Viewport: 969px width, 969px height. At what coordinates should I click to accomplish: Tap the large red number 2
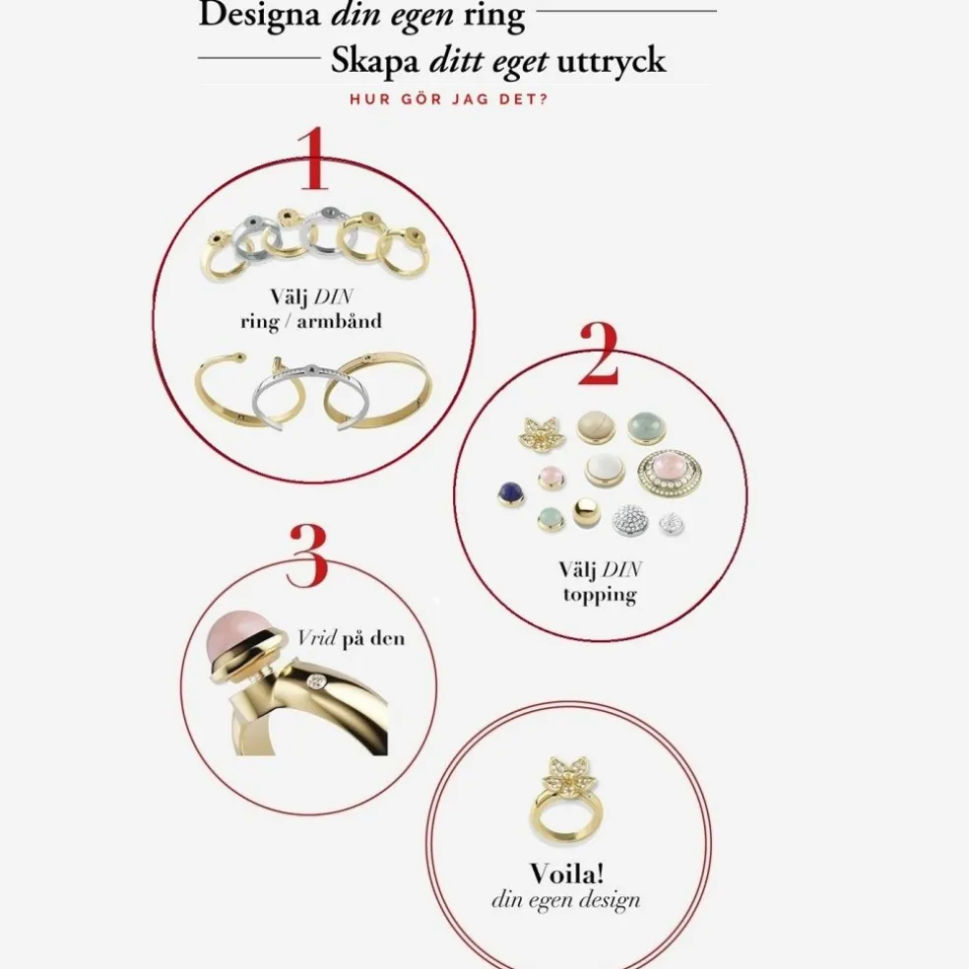coord(598,352)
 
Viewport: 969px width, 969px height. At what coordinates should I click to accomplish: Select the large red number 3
coord(307,555)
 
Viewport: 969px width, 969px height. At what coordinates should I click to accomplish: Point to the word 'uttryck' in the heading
coord(612,61)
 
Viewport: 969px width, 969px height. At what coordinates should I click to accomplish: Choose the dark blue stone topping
coord(510,491)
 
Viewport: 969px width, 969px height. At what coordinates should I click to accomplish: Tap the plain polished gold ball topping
coord(587,513)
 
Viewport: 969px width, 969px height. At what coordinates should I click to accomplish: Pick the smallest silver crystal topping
coord(672,523)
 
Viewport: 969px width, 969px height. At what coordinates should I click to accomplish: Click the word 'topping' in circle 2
coord(599,595)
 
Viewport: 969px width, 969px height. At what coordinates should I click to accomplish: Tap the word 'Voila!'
coord(566,872)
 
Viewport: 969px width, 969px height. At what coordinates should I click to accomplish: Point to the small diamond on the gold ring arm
coord(315,681)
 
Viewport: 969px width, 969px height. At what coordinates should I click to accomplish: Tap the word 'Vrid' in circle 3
coord(316,638)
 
